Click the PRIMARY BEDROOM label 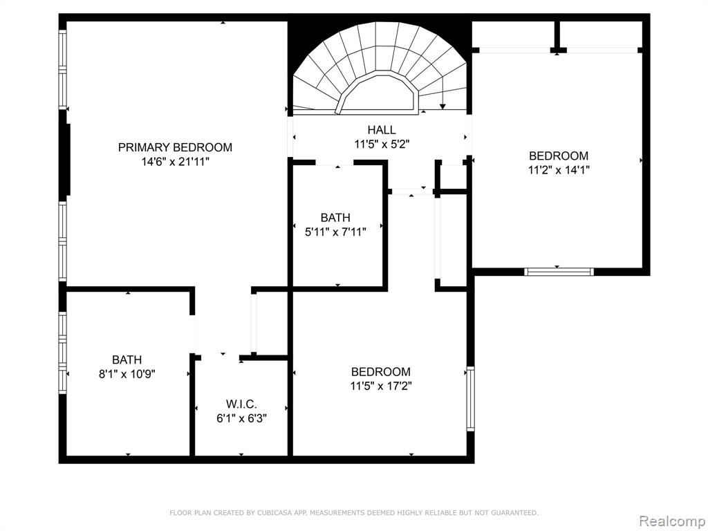pos(175,147)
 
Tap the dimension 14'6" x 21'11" pos(175,162)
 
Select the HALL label pos(382,130)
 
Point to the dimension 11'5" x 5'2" pos(382,145)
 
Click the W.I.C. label pos(241,404)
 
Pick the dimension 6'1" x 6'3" pos(241,418)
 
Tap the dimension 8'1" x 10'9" pos(127,374)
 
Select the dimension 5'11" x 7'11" pos(335,232)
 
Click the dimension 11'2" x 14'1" pos(559,170)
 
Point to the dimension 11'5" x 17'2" pos(381,386)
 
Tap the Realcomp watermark pos(672,521)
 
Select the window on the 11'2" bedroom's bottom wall pos(559,271)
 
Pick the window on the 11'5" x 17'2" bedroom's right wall pos(470,399)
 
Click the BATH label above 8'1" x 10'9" pos(127,360)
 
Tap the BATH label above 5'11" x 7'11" pos(335,218)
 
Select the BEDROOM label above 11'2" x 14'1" pos(559,156)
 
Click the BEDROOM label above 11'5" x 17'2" pos(381,371)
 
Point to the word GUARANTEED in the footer pos(514,512)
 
